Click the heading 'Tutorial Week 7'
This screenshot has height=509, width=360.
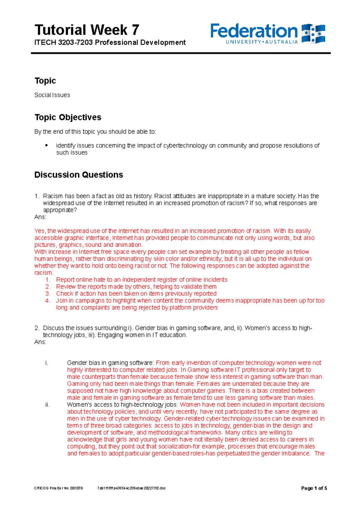[87, 30]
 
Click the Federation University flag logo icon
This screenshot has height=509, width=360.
[313, 34]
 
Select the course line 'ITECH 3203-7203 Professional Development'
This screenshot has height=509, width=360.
[110, 43]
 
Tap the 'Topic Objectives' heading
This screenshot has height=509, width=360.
[68, 117]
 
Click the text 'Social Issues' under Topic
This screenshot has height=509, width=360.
[52, 95]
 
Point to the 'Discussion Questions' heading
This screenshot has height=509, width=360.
[79, 175]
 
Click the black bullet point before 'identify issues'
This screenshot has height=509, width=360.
[46, 145]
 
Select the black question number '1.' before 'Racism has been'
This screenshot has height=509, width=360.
[37, 196]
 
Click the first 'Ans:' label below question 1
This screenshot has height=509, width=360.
[40, 217]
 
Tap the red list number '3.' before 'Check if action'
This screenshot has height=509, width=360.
[48, 293]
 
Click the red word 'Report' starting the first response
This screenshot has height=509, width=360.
[65, 280]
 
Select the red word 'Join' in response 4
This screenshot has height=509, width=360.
[61, 301]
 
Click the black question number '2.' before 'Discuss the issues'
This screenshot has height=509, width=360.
[37, 328]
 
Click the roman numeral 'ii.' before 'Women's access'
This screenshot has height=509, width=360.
[47, 405]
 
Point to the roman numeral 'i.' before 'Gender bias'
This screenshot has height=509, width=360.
[46, 363]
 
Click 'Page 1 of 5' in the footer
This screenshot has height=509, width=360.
[314, 488]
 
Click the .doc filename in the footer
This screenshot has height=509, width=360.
[131, 488]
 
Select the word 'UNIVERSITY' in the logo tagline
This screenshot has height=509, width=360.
[243, 42]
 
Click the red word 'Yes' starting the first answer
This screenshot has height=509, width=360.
[39, 231]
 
